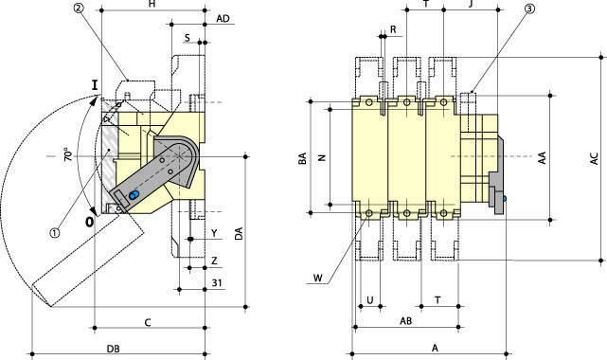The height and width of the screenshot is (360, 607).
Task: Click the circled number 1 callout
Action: pos(55,233)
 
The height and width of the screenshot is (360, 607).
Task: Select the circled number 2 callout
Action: pos(79,9)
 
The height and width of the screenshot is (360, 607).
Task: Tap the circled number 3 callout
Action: pos(529,9)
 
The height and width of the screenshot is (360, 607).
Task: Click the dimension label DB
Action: pos(113,349)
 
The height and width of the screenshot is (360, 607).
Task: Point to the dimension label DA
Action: pos(239,233)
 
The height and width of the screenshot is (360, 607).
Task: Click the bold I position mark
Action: pos(95,85)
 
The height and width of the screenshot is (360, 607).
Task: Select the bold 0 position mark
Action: pos(89,222)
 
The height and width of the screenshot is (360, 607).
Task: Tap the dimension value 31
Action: pos(217,283)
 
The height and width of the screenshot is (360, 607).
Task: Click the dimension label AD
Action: pos(223,19)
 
